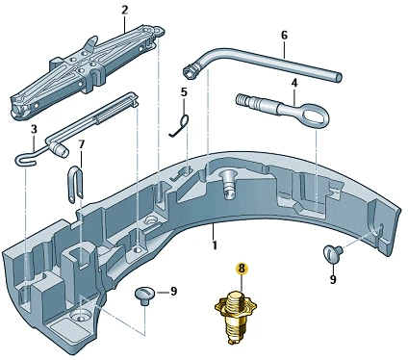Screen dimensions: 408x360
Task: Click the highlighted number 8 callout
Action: click(242, 269)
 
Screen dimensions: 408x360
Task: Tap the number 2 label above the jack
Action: click(125, 10)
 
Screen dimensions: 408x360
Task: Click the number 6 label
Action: click(284, 35)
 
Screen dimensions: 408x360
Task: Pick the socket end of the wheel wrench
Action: click(191, 70)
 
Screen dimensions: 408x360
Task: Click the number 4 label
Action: click(294, 84)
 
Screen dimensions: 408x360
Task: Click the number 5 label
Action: click(184, 92)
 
